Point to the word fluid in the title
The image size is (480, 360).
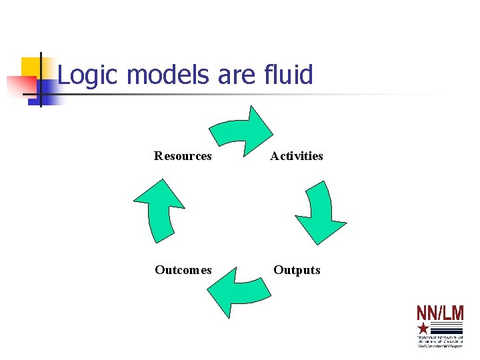tap(286, 75)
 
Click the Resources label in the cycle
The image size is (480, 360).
tap(183, 156)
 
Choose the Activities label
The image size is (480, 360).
tap(297, 156)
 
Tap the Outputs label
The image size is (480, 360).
tap(297, 270)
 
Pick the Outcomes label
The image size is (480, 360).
tap(183, 270)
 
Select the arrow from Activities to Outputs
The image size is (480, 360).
tap(319, 211)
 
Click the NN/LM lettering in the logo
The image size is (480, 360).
tap(440, 314)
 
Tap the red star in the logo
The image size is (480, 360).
tap(423, 328)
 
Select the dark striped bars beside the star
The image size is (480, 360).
tap(446, 328)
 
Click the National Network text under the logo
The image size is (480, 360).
tap(440, 340)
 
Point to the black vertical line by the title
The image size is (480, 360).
tap(41, 79)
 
